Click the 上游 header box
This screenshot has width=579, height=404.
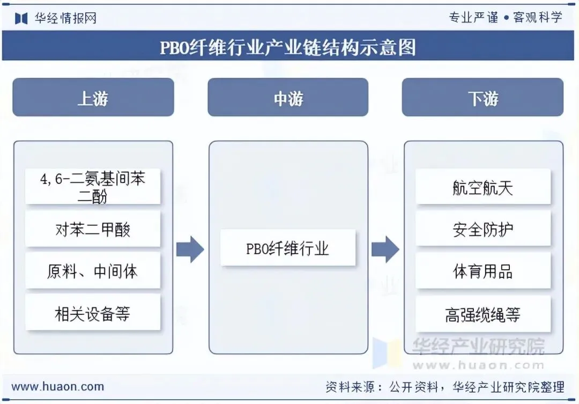point(93,98)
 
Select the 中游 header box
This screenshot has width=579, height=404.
point(288,98)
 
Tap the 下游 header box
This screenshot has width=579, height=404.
point(482,98)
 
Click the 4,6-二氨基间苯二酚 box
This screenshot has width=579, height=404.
point(93,186)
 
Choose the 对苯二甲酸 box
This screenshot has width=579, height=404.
point(93,229)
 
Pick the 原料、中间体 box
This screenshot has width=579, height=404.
point(93,271)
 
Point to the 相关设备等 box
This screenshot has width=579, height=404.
point(93,313)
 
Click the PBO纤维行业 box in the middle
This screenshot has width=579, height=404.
point(288,248)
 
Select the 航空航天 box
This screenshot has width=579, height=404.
point(483,187)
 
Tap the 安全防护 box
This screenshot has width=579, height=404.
point(483,229)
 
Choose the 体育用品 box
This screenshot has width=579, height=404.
point(483,271)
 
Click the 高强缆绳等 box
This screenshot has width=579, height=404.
point(483,314)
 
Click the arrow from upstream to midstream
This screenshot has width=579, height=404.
point(190,249)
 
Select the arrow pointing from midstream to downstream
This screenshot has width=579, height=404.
point(385,249)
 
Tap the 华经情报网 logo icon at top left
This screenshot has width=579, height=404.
point(21,18)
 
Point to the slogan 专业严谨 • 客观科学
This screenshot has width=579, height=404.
point(505,17)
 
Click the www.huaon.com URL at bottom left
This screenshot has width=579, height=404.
point(58,386)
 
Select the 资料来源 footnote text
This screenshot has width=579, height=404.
point(444,387)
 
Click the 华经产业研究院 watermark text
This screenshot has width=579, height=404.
point(478,346)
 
